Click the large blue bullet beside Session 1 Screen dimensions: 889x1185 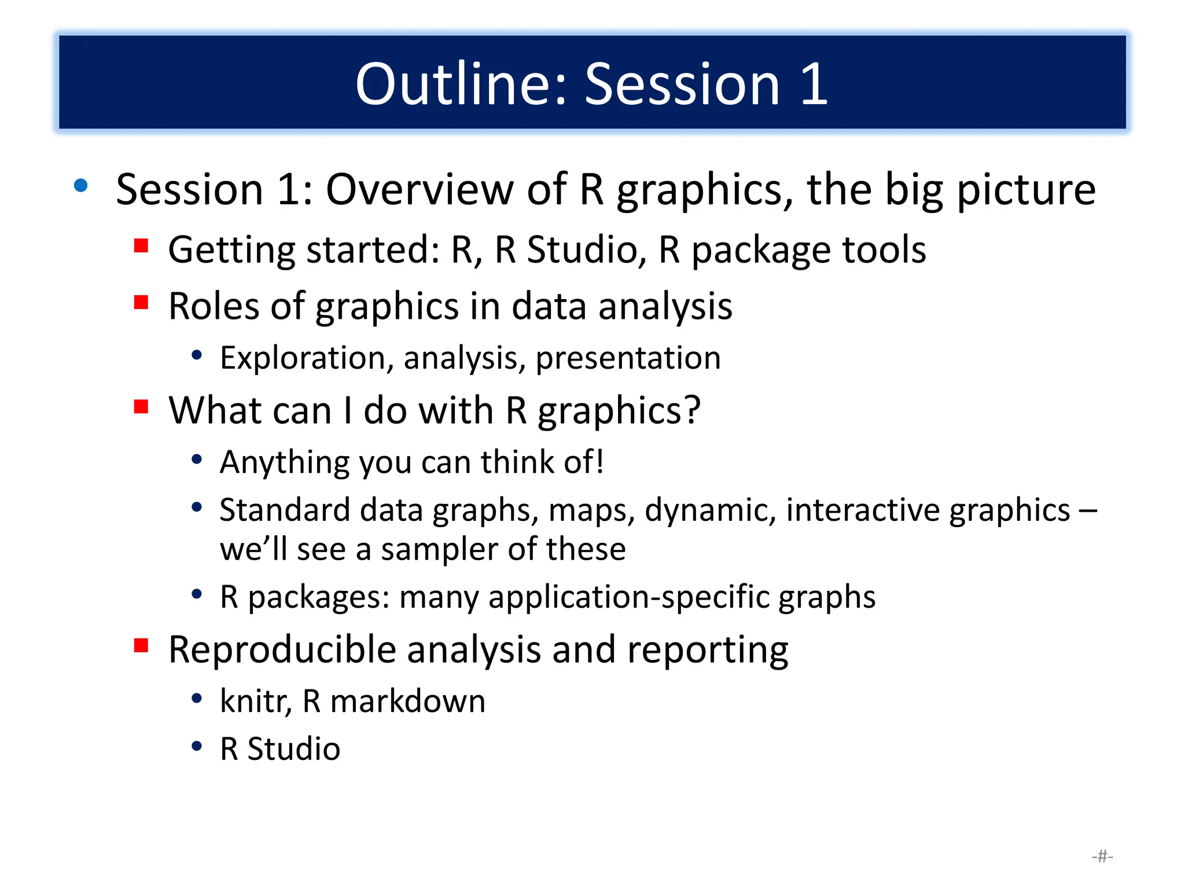coord(81,186)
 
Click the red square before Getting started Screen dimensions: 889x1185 coord(141,246)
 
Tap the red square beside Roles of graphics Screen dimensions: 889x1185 coord(141,302)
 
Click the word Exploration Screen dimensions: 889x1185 coord(302,358)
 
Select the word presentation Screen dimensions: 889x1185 coord(628,358)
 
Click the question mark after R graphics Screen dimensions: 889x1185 coord(691,410)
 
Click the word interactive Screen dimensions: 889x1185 coord(862,510)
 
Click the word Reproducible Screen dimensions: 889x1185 coord(282,649)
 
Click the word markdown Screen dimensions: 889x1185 coord(407,701)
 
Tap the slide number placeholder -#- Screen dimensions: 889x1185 coord(1102,856)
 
